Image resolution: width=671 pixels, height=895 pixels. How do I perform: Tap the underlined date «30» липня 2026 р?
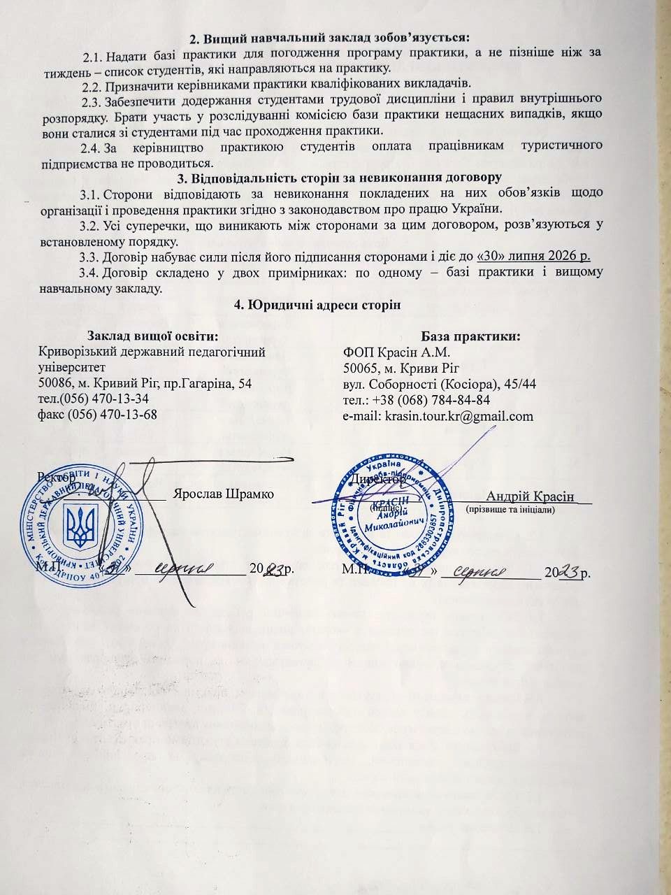pyautogui.click(x=534, y=257)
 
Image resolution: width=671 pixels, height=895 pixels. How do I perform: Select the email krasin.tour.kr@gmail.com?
pyautogui.click(x=438, y=416)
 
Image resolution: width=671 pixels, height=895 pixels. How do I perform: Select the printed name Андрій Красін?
pyautogui.click(x=531, y=496)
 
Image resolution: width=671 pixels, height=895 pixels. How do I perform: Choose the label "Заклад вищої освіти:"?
pyautogui.click(x=153, y=336)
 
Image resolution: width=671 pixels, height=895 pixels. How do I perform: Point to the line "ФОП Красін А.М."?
pyautogui.click(x=396, y=352)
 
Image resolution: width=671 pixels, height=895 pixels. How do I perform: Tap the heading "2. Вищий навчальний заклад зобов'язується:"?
pyautogui.click(x=330, y=36)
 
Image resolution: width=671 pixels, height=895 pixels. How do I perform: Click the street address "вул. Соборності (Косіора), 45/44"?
pyautogui.click(x=440, y=384)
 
